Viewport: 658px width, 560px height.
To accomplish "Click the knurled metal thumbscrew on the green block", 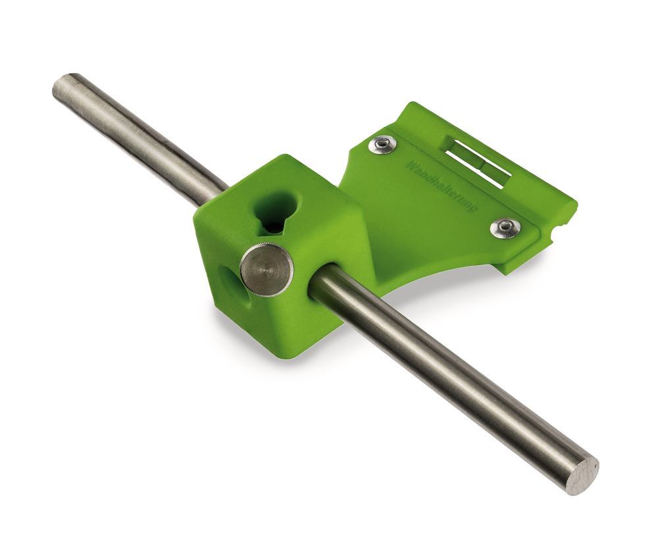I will pyautogui.click(x=266, y=268).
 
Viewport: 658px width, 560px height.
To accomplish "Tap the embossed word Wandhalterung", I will pyautogui.click(x=442, y=186).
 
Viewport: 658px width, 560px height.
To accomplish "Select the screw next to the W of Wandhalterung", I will pyautogui.click(x=382, y=145).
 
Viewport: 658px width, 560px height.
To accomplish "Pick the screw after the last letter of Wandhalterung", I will pyautogui.click(x=505, y=228).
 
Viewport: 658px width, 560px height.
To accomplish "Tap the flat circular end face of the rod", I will pyautogui.click(x=582, y=474).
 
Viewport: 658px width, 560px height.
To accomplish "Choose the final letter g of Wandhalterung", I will pyautogui.click(x=472, y=208).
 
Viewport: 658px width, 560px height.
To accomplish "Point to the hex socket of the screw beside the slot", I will pyautogui.click(x=382, y=145).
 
